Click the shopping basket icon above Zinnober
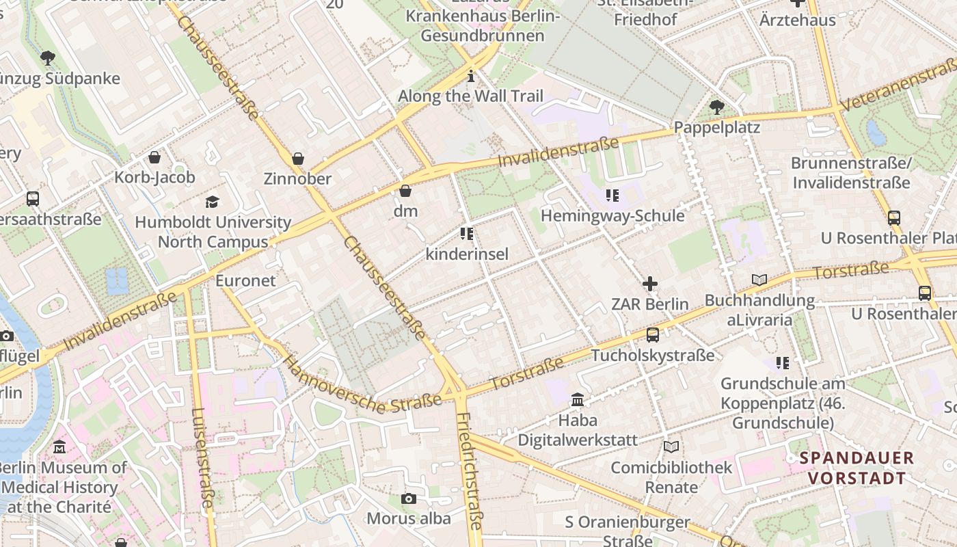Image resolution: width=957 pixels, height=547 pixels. tap(298, 159)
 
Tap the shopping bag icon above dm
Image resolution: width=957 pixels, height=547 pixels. tap(405, 191)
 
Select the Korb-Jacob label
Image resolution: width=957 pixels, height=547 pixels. tap(155, 177)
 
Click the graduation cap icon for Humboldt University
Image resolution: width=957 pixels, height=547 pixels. tap(213, 202)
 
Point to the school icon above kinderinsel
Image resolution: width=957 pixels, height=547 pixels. tap(467, 235)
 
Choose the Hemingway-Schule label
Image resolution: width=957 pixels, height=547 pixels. tap(612, 216)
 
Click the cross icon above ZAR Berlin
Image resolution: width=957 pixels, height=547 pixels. tap(650, 283)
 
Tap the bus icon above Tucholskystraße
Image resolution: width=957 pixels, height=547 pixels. tap(653, 335)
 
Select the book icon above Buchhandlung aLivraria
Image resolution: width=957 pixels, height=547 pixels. tap(759, 280)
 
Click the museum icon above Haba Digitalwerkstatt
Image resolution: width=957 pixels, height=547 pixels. tap(578, 399)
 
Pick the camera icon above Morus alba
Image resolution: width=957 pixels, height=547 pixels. tap(409, 498)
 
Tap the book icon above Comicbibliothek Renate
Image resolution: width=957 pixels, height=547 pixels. tap(671, 447)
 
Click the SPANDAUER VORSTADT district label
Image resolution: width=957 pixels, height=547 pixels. tap(857, 468)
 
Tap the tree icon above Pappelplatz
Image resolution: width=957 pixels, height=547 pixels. tap(716, 107)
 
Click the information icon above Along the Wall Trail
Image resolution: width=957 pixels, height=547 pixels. tap(470, 76)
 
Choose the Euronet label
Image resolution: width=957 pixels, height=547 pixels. tap(245, 280)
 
